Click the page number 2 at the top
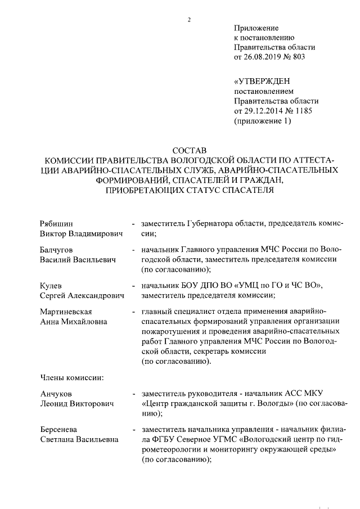190,21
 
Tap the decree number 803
301,57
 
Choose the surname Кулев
51,286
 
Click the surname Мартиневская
66,312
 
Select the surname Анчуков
57,394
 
